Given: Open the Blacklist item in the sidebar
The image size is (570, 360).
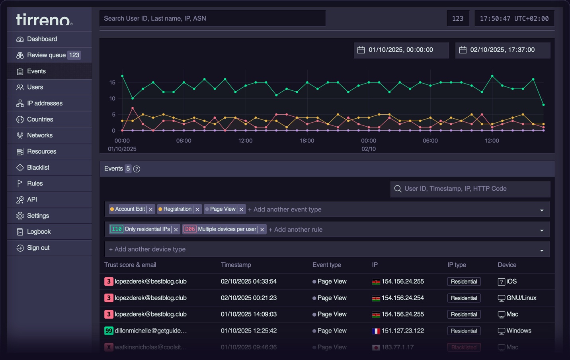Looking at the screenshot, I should point(38,168).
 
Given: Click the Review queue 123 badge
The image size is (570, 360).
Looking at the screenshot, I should point(74,55).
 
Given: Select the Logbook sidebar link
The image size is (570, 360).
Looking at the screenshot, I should point(39,232).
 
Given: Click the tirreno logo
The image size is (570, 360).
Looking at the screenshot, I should point(44,19).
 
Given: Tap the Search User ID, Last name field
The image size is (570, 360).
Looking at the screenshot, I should point(212,18).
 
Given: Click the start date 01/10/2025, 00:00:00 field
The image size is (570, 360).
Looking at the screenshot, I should point(400,50).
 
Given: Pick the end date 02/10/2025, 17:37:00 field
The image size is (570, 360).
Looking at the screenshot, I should point(502,50).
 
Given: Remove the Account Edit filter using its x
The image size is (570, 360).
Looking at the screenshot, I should point(151,209).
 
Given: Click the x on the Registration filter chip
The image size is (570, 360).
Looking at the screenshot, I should point(197,209).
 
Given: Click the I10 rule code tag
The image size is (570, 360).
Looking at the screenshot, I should point(117,229).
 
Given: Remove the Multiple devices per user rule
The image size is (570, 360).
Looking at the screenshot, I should point(262,229).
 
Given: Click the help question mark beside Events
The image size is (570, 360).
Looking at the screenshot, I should point(137,169).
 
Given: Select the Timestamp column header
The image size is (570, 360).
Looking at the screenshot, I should point(236,265).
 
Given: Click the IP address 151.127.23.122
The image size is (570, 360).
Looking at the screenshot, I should point(402,331).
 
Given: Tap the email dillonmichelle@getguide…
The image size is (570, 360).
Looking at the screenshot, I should point(150,331).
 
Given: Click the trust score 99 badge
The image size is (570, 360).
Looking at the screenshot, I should point(108,331).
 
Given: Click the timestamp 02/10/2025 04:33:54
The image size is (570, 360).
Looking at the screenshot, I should point(248,281).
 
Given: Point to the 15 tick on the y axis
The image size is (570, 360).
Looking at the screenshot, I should point(112,82).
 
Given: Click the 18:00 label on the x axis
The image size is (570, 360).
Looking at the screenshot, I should point(307,141).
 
